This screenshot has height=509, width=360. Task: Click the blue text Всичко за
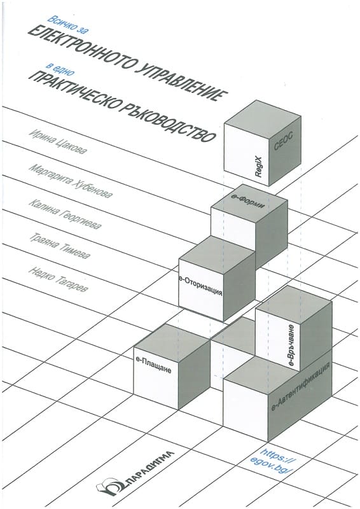(68, 24)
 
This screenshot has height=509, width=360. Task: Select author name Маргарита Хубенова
(71, 181)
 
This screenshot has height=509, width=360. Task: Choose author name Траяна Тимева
(59, 246)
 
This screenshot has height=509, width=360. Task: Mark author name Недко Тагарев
(58, 279)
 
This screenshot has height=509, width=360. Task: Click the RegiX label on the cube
(259, 165)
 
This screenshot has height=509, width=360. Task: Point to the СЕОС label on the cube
(284, 141)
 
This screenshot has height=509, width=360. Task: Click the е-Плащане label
(155, 365)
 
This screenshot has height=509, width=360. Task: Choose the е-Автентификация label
(301, 386)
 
